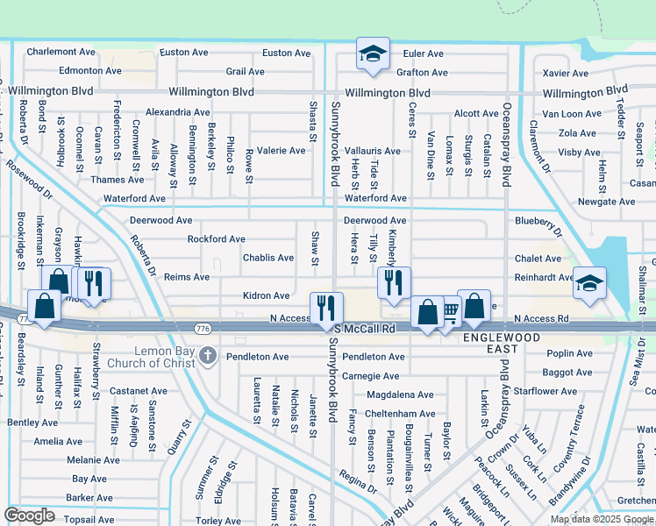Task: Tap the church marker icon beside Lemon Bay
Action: click(207, 355)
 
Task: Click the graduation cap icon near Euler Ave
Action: click(372, 53)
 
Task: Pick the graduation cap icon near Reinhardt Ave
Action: click(588, 282)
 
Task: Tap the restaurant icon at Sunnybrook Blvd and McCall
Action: click(325, 307)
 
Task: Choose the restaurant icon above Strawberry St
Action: click(92, 282)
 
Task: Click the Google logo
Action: click(30, 515)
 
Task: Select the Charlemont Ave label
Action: click(61, 52)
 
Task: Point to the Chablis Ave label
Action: click(267, 258)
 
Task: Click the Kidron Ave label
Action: click(267, 296)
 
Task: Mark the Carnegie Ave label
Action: click(371, 375)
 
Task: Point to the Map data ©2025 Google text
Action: click(602, 518)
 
